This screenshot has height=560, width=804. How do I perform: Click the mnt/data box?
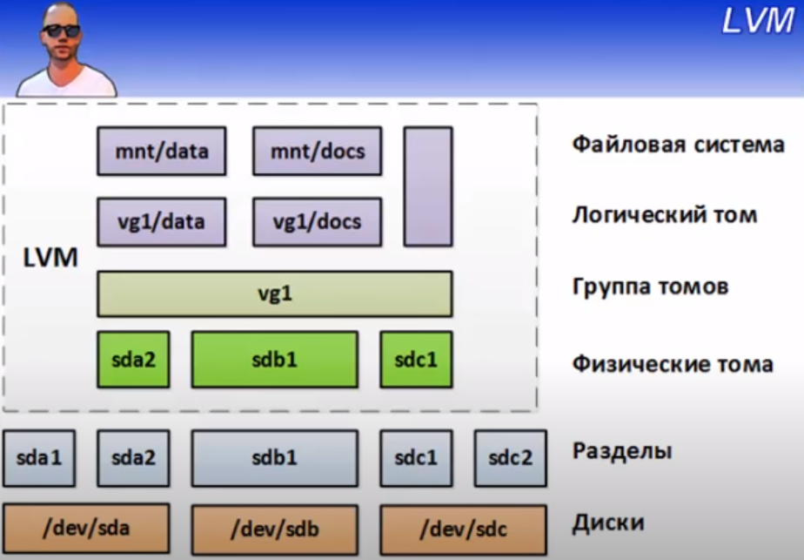coord(162,152)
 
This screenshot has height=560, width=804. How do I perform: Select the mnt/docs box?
coord(318,152)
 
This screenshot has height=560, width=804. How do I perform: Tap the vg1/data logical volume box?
coord(162,222)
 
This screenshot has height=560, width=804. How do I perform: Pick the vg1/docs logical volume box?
coord(318,222)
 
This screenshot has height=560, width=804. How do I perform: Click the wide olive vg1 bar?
coord(275,293)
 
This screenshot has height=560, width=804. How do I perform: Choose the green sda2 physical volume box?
coord(133,360)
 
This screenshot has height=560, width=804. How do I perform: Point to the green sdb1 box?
coord(275,360)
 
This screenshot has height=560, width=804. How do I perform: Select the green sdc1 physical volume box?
coord(416,360)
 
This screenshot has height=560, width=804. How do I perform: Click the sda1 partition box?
coord(39,458)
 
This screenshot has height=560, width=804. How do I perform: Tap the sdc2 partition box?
coord(511,458)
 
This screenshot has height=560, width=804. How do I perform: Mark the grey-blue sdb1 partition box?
coord(275,458)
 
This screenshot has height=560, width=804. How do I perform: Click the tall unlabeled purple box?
coord(428,187)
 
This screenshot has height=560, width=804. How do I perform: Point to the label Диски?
coord(608,523)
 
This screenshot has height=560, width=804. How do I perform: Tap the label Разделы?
coord(622,451)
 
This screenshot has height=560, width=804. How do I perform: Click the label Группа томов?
coord(650,287)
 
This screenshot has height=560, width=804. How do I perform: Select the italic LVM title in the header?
coord(758,21)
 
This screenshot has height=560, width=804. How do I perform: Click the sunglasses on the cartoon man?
coord(61,30)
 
